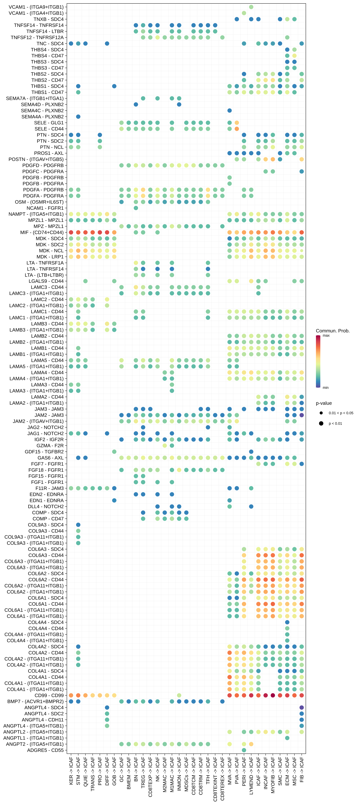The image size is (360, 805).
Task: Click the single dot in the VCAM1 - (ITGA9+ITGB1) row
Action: click(x=251, y=7)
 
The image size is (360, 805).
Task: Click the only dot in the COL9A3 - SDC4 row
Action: click(x=78, y=525)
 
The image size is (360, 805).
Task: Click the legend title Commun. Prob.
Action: click(x=333, y=331)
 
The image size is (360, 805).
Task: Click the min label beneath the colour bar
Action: click(x=325, y=388)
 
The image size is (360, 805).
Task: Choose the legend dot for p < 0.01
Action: click(x=321, y=423)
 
